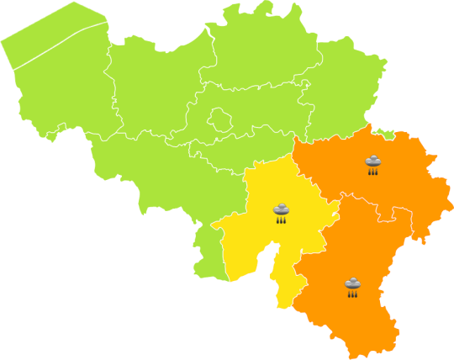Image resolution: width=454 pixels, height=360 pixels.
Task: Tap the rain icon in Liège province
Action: coord(372,163)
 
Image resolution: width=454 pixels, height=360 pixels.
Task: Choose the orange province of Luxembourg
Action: coord(353,311)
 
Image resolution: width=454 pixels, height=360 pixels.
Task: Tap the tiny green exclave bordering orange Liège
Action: coord(386,132)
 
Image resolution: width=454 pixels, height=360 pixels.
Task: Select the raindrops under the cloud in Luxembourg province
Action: coord(352,294)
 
